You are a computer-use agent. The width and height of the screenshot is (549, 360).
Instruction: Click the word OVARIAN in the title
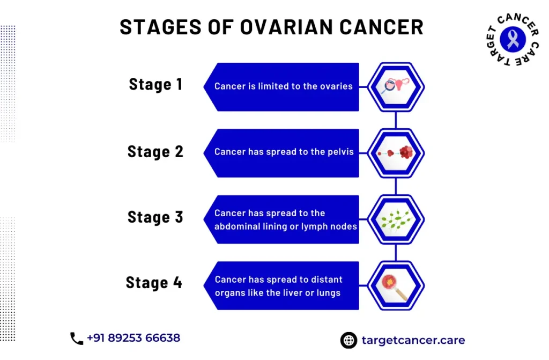click(286, 27)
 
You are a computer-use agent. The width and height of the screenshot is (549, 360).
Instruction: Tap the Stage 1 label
click(156, 84)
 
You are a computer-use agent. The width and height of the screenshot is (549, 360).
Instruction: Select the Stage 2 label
click(155, 151)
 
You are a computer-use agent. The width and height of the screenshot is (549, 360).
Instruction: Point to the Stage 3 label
click(155, 217)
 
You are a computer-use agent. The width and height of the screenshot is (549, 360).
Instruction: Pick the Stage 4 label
click(154, 283)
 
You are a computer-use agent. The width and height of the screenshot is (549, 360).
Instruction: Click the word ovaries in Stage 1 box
click(336, 86)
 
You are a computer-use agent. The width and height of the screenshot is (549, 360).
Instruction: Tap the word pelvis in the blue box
click(340, 152)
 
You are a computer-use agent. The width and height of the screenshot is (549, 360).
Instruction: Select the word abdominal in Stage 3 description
click(236, 226)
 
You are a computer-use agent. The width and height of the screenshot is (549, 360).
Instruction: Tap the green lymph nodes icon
click(396, 220)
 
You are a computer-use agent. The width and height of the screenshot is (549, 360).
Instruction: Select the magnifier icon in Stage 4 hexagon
click(395, 287)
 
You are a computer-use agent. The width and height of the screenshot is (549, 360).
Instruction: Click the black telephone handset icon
click(77, 339)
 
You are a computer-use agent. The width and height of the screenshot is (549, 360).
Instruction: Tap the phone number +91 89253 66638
click(133, 338)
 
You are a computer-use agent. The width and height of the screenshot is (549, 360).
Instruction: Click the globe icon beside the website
click(348, 340)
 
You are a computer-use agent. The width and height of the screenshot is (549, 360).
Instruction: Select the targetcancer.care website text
click(413, 340)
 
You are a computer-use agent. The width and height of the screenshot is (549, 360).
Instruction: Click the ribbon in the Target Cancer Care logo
click(513, 39)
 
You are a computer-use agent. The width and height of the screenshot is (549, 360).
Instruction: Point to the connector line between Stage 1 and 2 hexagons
click(396, 120)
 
